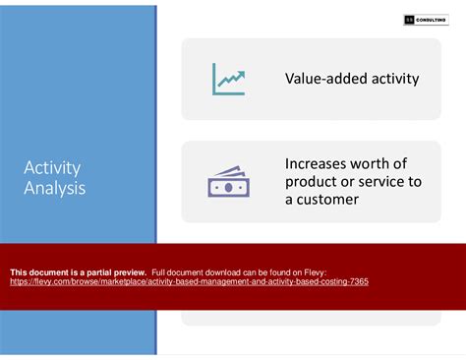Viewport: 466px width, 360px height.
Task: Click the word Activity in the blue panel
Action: pyautogui.click(x=52, y=167)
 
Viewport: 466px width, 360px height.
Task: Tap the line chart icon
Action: pyautogui.click(x=228, y=79)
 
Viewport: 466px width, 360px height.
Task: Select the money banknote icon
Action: pyautogui.click(x=228, y=182)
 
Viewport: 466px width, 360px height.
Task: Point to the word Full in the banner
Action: pyautogui.click(x=161, y=271)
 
